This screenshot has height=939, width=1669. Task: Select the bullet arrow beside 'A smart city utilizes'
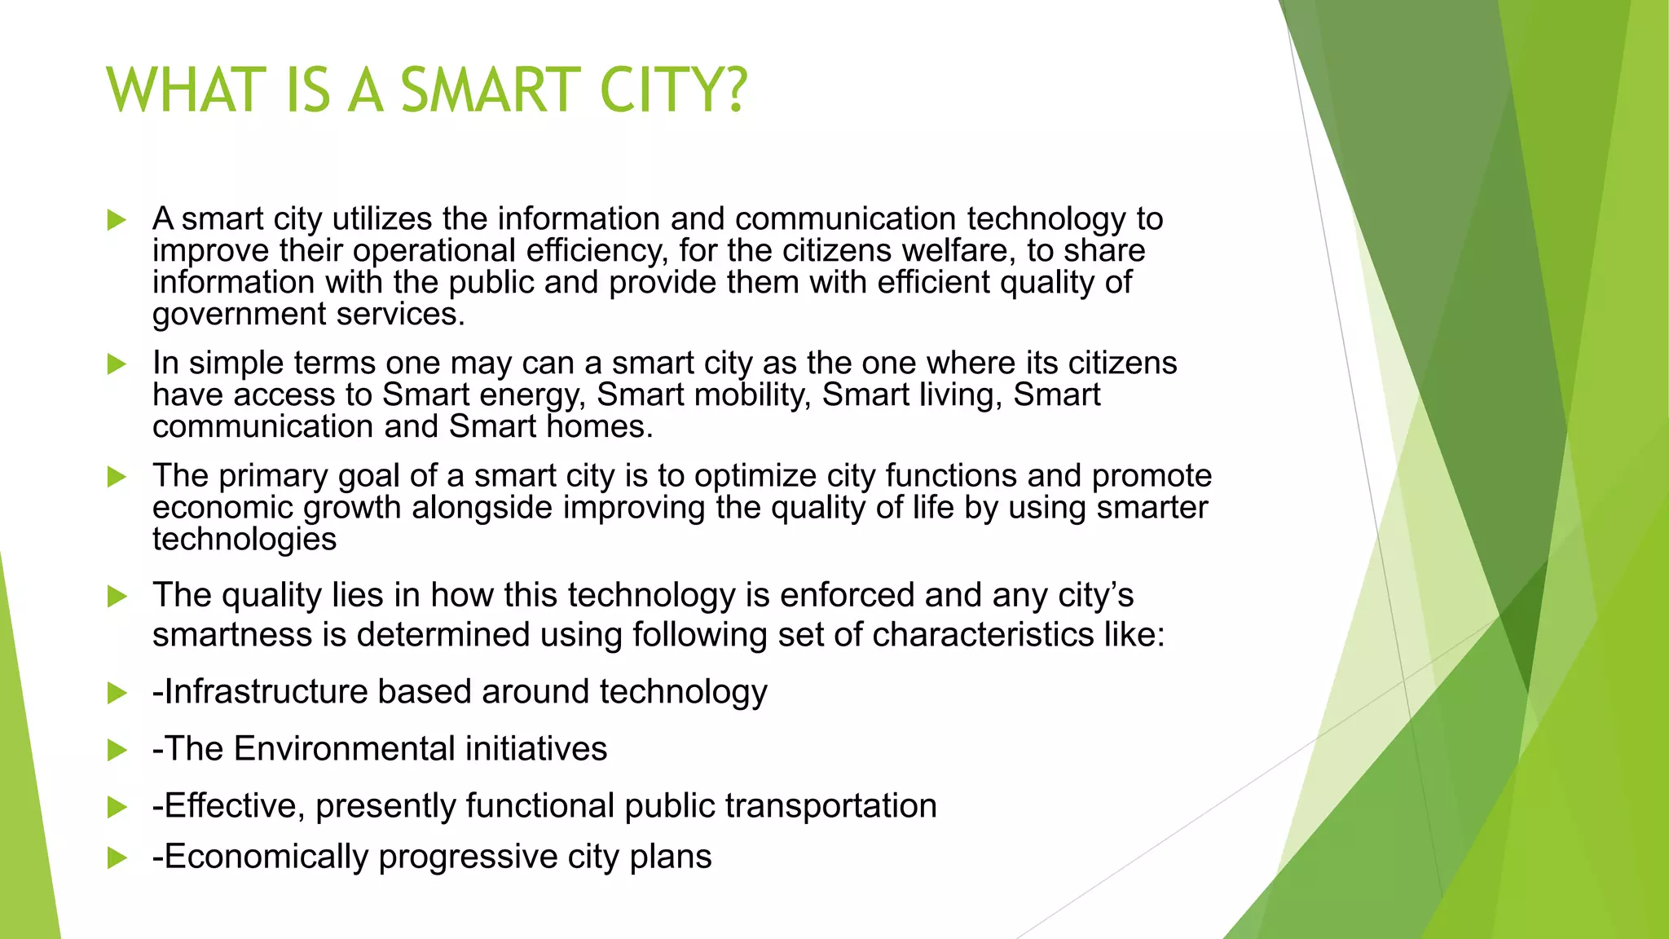click(x=117, y=220)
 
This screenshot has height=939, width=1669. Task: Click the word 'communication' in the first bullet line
click(x=845, y=218)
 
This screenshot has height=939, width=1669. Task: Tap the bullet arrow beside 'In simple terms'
click(x=117, y=364)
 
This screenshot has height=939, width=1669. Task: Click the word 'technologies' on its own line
click(x=244, y=540)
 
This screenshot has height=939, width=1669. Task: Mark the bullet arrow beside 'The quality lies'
click(x=117, y=597)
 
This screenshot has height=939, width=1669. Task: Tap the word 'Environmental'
click(x=344, y=748)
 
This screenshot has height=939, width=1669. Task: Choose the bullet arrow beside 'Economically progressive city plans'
click(x=117, y=857)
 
